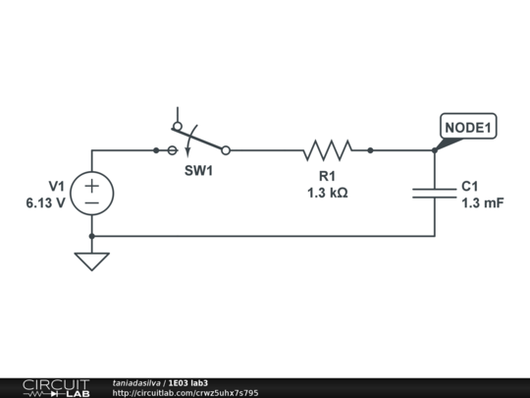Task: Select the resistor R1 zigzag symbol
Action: [x=328, y=150]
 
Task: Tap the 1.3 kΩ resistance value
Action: [x=328, y=193]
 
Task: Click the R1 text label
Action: [x=328, y=177]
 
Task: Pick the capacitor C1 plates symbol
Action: [x=434, y=192]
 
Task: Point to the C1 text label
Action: [x=469, y=186]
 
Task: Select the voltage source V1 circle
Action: [x=91, y=193]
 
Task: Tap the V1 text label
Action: [x=56, y=186]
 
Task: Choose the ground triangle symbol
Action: [x=91, y=260]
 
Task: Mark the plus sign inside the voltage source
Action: [x=91, y=184]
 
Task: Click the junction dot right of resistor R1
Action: [x=370, y=150]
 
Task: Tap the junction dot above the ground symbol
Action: [x=91, y=236]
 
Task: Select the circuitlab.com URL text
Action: [x=185, y=393]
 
